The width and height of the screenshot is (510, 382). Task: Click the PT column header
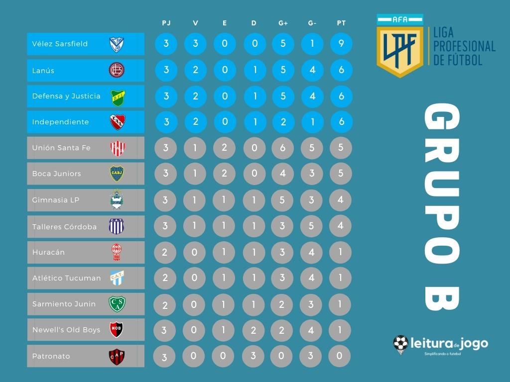(341, 23)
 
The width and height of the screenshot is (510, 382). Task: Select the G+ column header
(283, 23)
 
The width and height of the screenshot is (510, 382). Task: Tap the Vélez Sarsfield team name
(60, 44)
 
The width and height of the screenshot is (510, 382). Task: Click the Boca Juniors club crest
(117, 174)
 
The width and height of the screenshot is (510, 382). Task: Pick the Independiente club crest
(117, 122)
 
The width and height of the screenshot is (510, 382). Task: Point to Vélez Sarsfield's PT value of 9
(341, 44)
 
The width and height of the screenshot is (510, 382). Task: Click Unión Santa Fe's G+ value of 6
(283, 148)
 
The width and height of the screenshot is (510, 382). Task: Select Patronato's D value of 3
(254, 356)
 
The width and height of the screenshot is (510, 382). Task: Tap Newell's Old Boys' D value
(254, 330)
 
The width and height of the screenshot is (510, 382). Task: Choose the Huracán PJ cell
(165, 252)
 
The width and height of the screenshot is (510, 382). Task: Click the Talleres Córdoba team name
(64, 227)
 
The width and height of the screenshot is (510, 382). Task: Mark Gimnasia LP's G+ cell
(283, 200)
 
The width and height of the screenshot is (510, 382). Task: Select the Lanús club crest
(117, 70)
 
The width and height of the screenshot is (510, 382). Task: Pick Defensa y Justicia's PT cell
(341, 96)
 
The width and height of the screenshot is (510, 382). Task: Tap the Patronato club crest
(117, 356)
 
